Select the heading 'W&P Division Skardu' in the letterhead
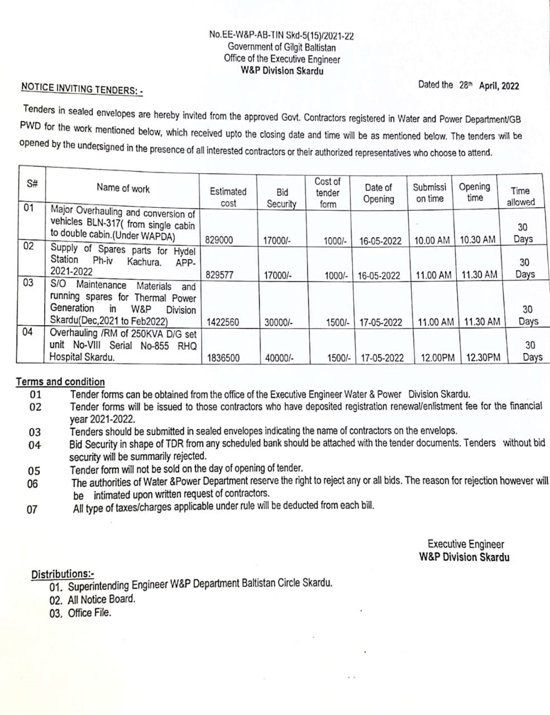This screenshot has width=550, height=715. tap(282, 70)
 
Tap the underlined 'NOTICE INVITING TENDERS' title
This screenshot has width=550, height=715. tap(82, 89)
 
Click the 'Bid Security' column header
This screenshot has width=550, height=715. tap(282, 198)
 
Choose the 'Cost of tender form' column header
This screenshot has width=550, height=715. tap(328, 193)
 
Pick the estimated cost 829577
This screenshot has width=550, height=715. tap(220, 275)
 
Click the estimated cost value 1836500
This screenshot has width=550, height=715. tap(223, 357)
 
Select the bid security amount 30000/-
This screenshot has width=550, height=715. tap(278, 322)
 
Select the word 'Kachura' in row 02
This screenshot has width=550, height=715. tap(144, 261)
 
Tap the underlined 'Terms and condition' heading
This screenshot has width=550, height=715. tap(60, 382)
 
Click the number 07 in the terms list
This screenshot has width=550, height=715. tap(32, 509)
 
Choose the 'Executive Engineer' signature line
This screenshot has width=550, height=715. tap(466, 544)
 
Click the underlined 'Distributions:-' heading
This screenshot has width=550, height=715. tap(63, 574)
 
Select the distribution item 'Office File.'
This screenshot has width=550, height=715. tap(89, 613)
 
